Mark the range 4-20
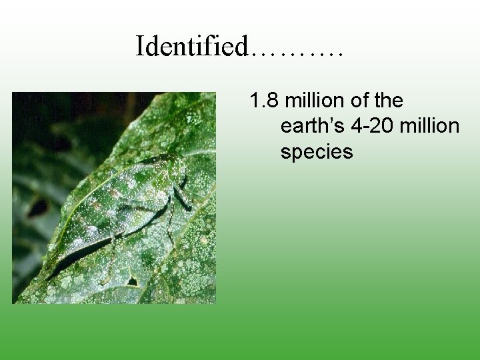point(374,127)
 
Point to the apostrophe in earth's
point(331,121)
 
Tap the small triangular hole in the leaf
point(133,281)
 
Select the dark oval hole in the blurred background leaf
point(37,208)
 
